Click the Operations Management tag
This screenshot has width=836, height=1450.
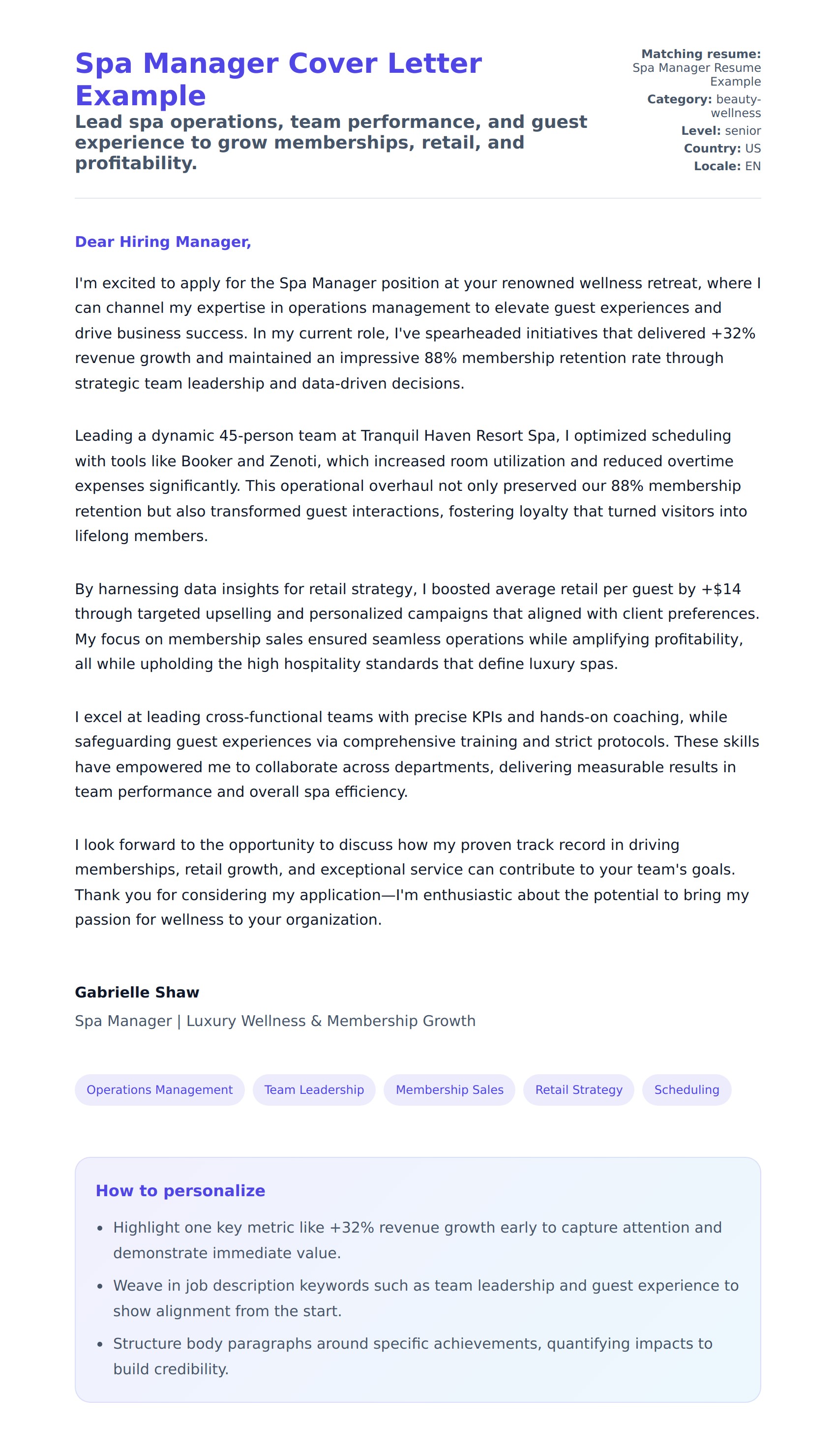click(160, 1089)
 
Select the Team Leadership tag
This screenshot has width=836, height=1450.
click(314, 1089)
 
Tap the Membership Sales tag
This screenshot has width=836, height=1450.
click(449, 1089)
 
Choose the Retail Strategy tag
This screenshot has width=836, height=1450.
click(579, 1089)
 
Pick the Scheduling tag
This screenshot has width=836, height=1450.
click(687, 1089)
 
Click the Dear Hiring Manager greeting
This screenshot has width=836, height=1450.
click(163, 242)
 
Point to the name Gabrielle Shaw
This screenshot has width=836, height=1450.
click(137, 992)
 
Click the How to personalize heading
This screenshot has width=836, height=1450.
click(180, 1190)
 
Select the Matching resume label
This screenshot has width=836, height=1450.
click(701, 54)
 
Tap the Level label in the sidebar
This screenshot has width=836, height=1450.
click(700, 131)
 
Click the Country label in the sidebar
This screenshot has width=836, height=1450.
click(712, 149)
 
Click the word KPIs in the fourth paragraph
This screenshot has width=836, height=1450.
click(487, 717)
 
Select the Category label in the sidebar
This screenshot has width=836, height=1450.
click(679, 99)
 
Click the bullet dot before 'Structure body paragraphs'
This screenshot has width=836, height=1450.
click(100, 1344)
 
